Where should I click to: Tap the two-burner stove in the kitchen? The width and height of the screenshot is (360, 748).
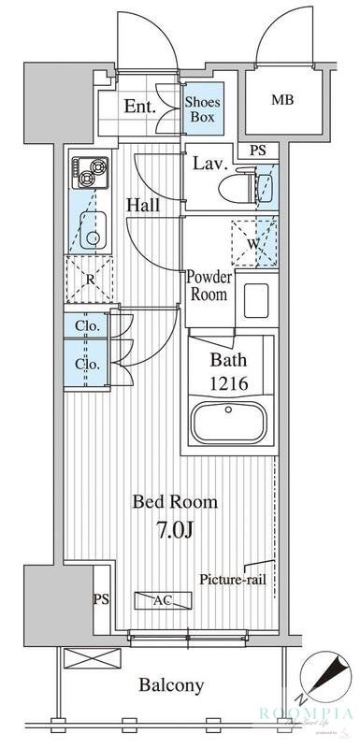90,171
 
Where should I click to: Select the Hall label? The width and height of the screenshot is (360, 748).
143,205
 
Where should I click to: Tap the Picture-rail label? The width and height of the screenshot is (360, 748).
234,580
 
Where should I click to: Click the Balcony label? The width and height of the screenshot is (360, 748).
171,685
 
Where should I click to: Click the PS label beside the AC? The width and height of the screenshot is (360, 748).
100,599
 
